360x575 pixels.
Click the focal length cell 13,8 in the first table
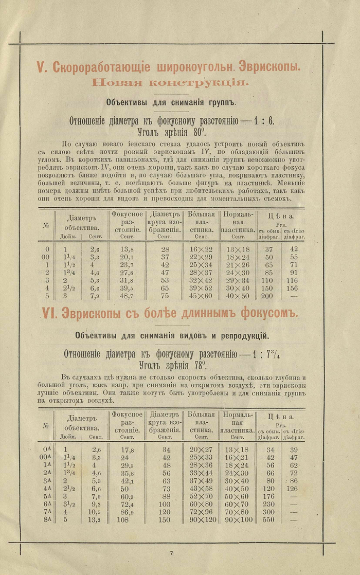pos(127,249)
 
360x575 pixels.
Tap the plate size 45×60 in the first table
pos(200,296)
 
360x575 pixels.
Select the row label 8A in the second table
pos(47,520)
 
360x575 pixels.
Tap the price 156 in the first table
pos(293,289)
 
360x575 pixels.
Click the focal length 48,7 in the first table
pos(127,296)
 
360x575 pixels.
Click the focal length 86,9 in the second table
pos(126,513)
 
